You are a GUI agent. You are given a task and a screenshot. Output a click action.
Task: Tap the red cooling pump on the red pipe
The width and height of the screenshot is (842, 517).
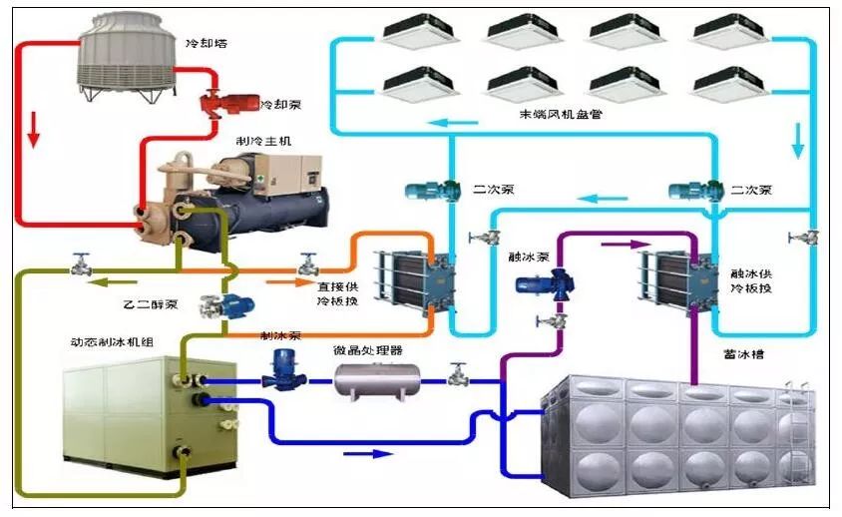226,104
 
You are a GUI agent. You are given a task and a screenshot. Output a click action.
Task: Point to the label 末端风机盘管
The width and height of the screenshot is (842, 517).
560,115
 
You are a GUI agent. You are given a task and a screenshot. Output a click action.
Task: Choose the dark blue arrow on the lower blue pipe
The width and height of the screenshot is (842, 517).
370,453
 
